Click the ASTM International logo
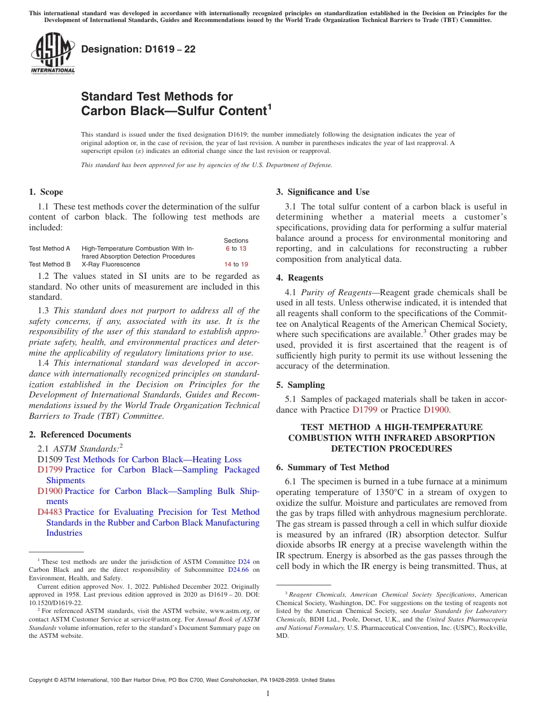pyautogui.click(x=52, y=53)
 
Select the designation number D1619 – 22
pyautogui.click(x=138, y=49)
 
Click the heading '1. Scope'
pyautogui.click(x=46, y=192)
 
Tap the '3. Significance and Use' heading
pyautogui.click(x=323, y=192)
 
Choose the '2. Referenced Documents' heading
pyautogui.click(x=80, y=435)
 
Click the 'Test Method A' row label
pyautogui.click(x=50, y=248)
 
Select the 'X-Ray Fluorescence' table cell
pyautogui.click(x=111, y=264)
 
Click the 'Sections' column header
pyautogui.click(x=236, y=240)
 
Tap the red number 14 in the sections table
pyautogui.click(x=228, y=264)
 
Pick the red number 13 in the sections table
pyautogui.click(x=243, y=248)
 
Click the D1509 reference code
pyautogui.click(x=50, y=459)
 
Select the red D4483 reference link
pyautogui.click(x=50, y=512)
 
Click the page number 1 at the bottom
pyautogui.click(x=268, y=694)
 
